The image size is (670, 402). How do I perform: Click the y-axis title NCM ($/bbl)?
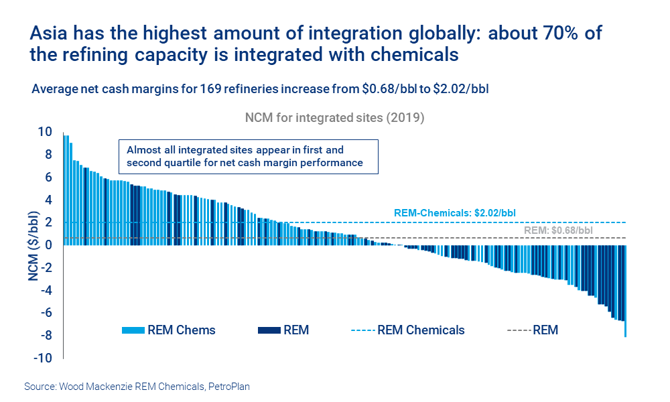pos(33,245)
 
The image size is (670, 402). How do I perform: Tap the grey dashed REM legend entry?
pos(533,330)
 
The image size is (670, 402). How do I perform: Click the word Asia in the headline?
pos(51,33)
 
